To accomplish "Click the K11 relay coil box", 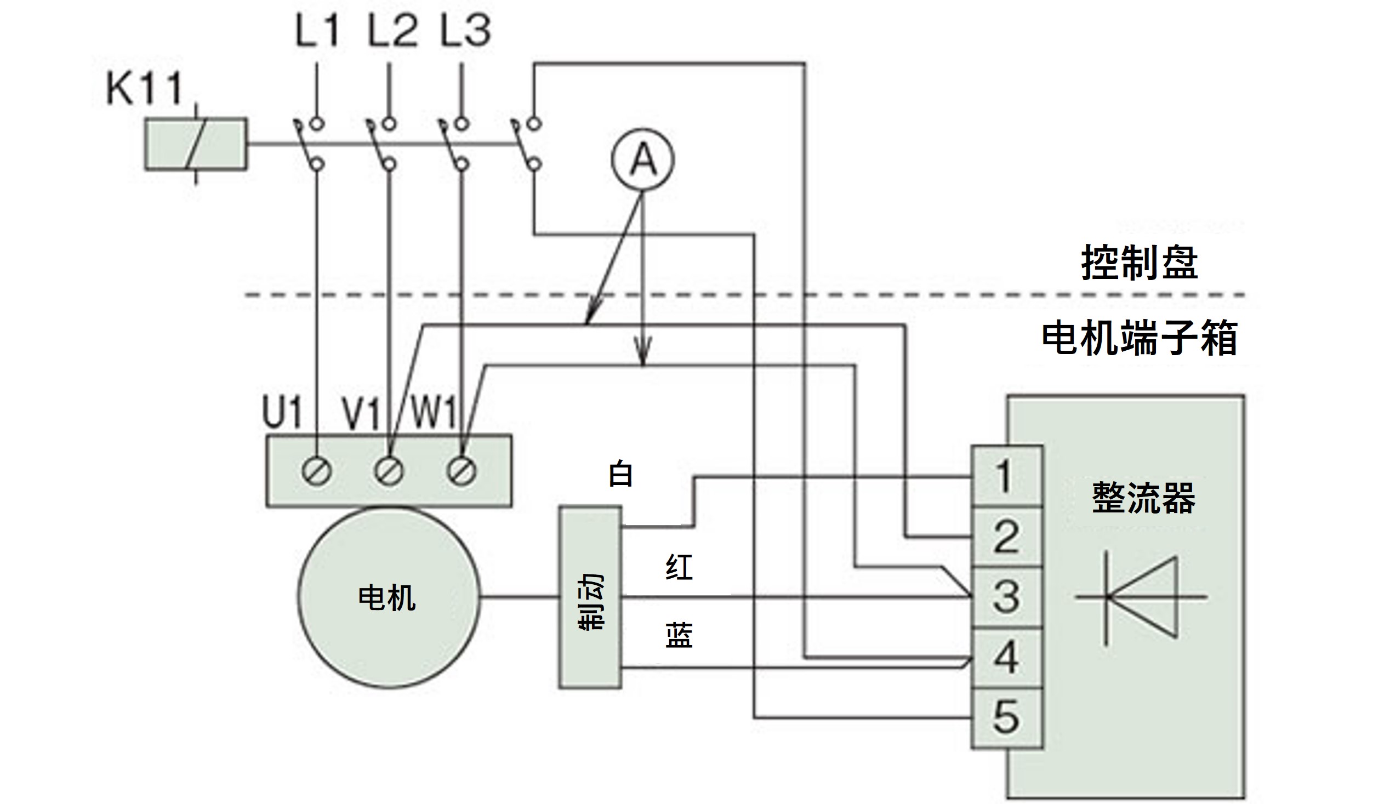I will [x=196, y=144].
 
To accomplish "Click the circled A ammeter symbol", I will [x=642, y=159].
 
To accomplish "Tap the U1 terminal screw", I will [x=317, y=471].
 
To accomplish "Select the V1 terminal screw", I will [x=389, y=471].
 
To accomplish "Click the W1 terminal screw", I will [x=462, y=471].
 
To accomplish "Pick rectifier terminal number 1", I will [x=1006, y=476].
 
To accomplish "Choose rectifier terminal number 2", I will [x=1006, y=537].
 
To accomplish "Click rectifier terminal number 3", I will [x=1006, y=597].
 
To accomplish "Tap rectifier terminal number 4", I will [x=1006, y=657].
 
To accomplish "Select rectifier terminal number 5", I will [x=1006, y=717].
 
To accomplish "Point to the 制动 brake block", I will [x=590, y=597].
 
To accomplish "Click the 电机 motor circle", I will [x=388, y=597].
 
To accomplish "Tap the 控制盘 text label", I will [x=1139, y=263].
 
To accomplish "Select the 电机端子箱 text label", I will [x=1139, y=339].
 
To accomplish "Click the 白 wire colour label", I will [x=621, y=475].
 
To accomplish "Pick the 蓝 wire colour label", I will [x=679, y=636].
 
